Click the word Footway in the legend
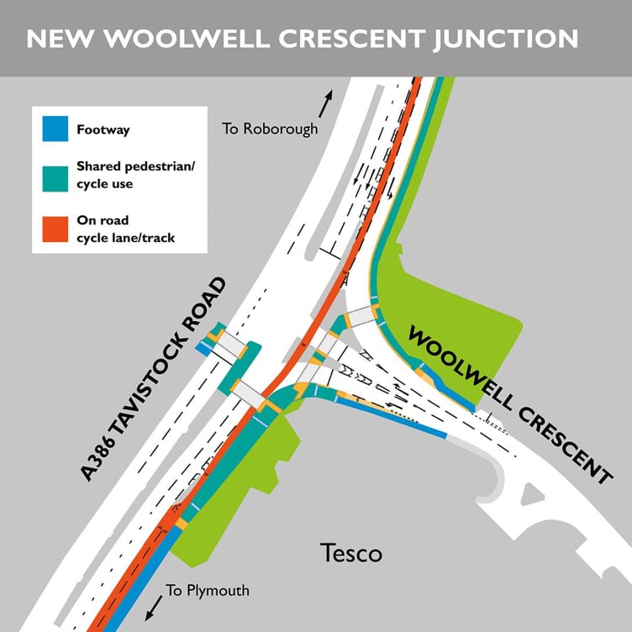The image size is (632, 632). (x=102, y=130)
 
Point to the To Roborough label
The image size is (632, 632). (x=271, y=129)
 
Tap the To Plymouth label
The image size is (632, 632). (x=208, y=590)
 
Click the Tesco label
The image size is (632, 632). (x=351, y=554)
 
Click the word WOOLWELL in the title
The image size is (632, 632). (x=164, y=39)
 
